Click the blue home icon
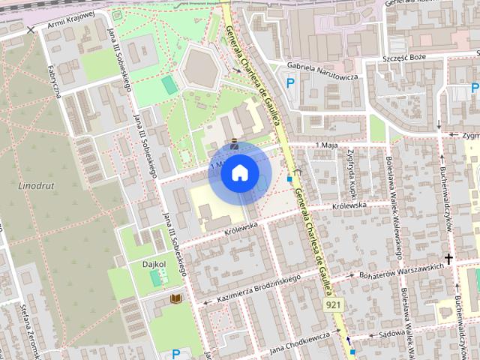point(239,173)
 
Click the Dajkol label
point(154,264)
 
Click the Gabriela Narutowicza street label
point(323,71)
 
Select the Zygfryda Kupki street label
point(351,168)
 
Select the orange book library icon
point(176,299)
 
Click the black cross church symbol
point(448,259)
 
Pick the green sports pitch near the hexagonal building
point(169,85)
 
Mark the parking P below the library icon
point(176,353)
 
